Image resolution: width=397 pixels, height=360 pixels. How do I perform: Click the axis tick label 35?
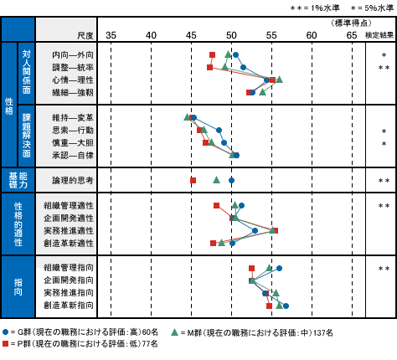(x=111, y=35)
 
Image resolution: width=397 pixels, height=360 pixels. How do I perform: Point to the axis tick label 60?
(x=312, y=35)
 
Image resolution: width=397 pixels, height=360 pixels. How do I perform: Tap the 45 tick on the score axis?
(x=191, y=35)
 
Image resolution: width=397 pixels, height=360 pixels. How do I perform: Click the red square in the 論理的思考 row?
(x=193, y=181)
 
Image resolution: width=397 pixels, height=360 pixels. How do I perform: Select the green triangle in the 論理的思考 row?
(x=216, y=180)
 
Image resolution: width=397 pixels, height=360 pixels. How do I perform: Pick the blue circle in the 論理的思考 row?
(x=231, y=181)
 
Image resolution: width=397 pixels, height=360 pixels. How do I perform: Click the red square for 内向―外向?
(x=212, y=54)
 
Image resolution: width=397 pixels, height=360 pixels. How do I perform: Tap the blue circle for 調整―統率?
(x=243, y=67)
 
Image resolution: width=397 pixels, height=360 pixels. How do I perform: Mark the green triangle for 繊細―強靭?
(x=262, y=92)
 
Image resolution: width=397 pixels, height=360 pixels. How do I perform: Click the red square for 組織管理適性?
(x=216, y=206)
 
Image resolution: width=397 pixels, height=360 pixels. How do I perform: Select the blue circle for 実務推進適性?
(x=255, y=230)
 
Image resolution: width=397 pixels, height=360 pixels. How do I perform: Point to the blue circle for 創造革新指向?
(x=286, y=306)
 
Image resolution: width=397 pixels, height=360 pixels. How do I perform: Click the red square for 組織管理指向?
(x=251, y=269)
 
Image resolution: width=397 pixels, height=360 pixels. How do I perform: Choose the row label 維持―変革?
(x=73, y=118)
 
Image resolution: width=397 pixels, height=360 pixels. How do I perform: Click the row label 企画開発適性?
(x=69, y=218)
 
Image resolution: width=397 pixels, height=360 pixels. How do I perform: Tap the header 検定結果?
(x=379, y=35)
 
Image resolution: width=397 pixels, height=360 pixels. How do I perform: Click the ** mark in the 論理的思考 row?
(x=384, y=181)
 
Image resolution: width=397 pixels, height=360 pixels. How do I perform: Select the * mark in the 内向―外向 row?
(x=384, y=55)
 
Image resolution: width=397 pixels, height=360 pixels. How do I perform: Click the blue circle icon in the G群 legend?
(x=5, y=332)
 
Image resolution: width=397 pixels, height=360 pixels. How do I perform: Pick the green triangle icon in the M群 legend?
(x=174, y=332)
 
